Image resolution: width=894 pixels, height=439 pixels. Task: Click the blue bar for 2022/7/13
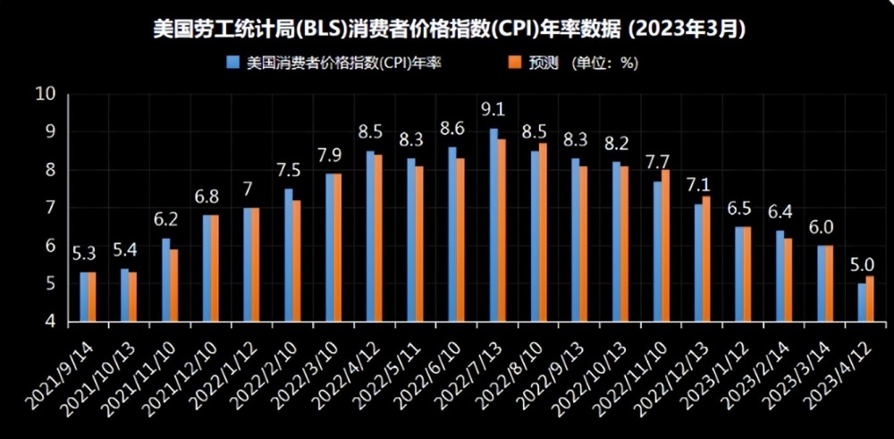[x=493, y=224]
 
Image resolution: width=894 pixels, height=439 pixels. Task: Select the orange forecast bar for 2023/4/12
[x=870, y=299]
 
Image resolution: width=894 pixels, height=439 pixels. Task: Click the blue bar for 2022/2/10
[x=288, y=254]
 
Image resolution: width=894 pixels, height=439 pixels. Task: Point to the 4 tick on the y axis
[x=50, y=321]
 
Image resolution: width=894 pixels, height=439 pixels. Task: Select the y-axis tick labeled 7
[x=50, y=208]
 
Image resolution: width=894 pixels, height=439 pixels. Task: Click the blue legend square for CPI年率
[x=234, y=63]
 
